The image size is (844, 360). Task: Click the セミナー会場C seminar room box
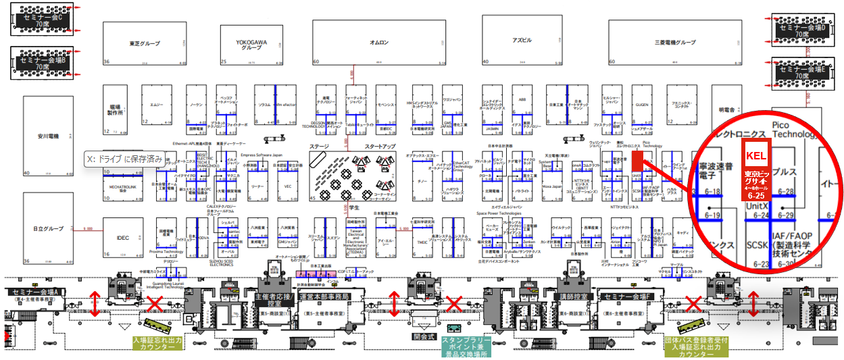(x=43, y=20)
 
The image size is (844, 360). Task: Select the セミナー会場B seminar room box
(x=43, y=63)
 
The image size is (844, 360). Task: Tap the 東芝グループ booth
(x=145, y=43)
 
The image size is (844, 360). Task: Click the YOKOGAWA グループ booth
(x=252, y=43)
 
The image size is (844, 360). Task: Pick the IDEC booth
(x=122, y=238)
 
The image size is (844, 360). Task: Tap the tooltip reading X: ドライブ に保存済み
(x=124, y=159)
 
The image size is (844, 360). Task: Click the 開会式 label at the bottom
(x=424, y=336)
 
